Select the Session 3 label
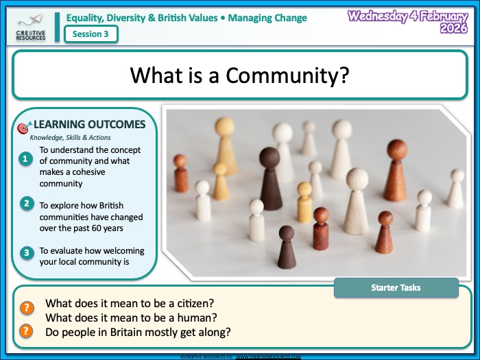(x=90, y=34)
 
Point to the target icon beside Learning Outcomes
(x=23, y=128)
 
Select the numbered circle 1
(x=25, y=159)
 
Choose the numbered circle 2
(x=25, y=204)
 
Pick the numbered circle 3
(x=25, y=253)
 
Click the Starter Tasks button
(x=396, y=287)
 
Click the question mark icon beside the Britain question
(x=26, y=331)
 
